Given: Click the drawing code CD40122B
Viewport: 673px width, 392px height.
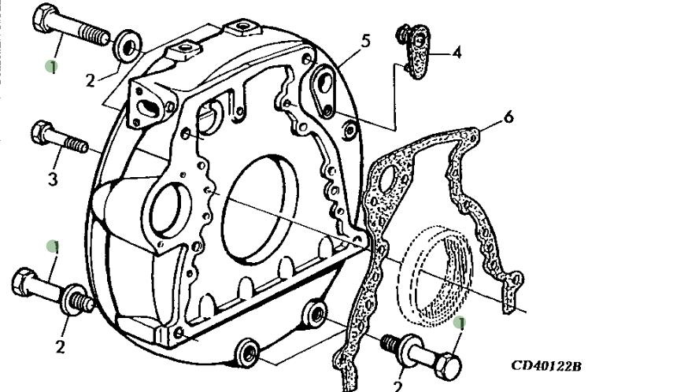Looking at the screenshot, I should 545,366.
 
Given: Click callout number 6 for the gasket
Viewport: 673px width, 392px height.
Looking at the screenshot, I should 508,118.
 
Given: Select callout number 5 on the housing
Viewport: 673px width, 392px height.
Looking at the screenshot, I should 365,40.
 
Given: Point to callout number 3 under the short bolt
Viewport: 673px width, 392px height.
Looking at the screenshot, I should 53,179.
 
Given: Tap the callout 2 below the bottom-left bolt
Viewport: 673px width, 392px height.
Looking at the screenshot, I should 60,344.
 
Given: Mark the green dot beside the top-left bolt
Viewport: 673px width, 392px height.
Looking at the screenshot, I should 52,67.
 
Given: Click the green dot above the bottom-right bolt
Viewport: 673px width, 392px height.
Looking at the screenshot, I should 461,323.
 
